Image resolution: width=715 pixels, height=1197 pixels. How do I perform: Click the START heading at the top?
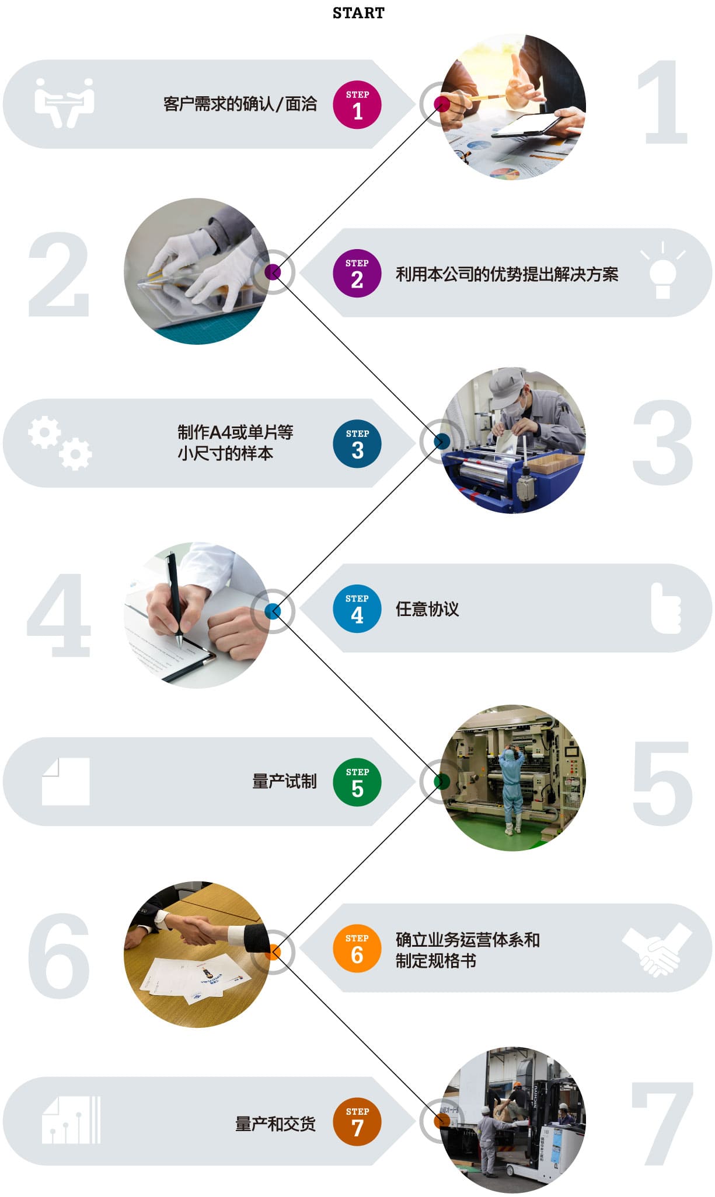click(x=358, y=13)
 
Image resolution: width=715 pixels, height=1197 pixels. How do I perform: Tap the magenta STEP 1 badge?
click(x=357, y=104)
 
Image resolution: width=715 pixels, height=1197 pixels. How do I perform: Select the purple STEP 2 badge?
click(x=357, y=273)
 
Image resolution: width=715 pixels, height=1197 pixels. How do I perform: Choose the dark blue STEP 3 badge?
click(x=357, y=443)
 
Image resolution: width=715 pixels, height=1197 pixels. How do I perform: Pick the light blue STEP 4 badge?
click(x=357, y=608)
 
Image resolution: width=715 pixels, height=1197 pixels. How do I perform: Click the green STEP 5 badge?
click(x=357, y=782)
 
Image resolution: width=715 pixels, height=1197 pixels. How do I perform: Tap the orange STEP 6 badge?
click(x=357, y=948)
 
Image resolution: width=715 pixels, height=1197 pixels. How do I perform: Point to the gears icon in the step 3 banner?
click(x=60, y=443)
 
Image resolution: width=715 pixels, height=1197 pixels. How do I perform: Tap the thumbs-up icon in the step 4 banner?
click(x=666, y=608)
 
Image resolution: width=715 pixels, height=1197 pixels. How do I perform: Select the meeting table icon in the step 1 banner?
click(x=64, y=103)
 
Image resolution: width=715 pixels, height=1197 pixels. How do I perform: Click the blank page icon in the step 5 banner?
click(x=65, y=782)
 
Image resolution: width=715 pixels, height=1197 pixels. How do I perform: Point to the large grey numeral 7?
click(x=662, y=1123)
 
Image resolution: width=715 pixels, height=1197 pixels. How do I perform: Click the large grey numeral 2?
click(x=59, y=274)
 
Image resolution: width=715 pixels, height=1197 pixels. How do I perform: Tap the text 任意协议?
click(x=427, y=609)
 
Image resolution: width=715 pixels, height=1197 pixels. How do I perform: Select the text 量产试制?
click(x=284, y=781)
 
